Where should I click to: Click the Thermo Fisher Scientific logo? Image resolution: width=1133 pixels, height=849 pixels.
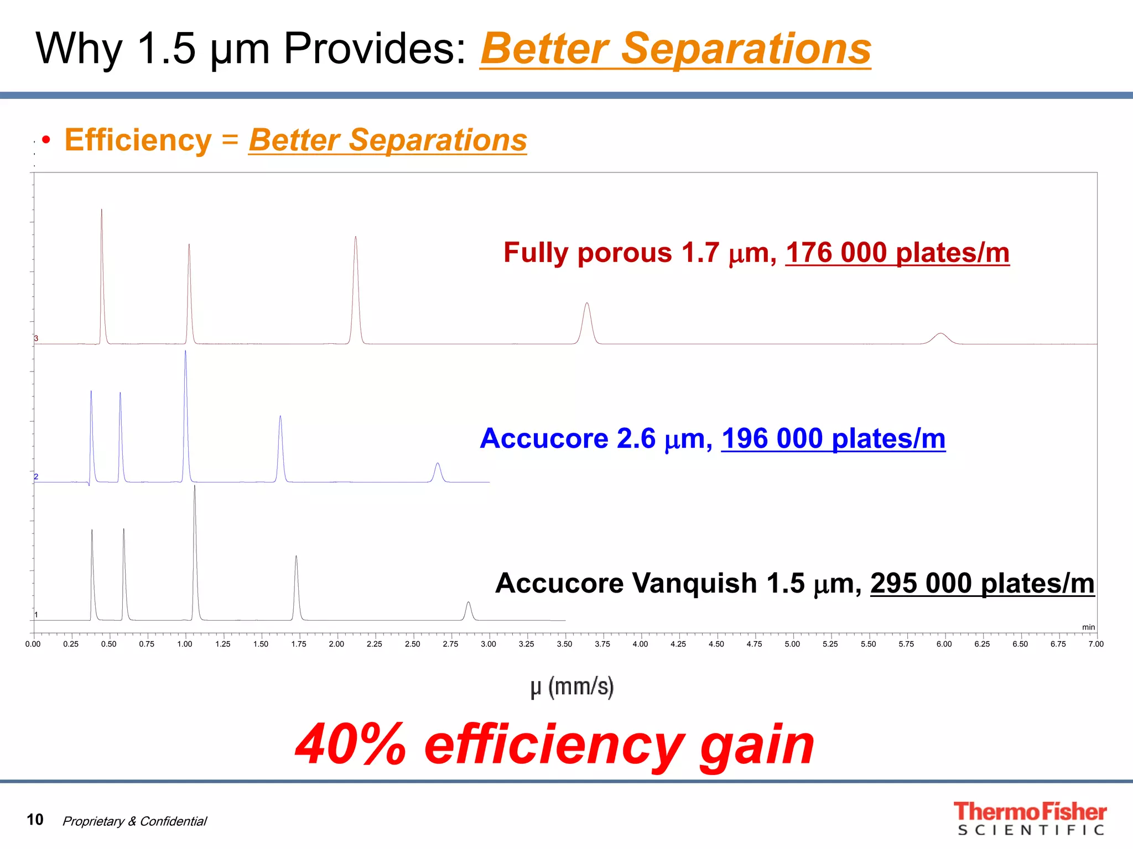tap(1030, 818)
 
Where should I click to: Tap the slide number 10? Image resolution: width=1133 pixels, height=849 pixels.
tap(35, 819)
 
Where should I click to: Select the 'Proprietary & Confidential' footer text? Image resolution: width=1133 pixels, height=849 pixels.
tap(134, 821)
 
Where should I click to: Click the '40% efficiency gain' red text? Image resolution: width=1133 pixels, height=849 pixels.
tap(554, 745)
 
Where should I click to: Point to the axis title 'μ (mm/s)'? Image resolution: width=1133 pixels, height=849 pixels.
tap(572, 687)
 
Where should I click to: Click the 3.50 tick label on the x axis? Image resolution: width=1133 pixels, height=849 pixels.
tap(564, 644)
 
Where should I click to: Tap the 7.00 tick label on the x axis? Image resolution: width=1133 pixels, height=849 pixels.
tap(1095, 644)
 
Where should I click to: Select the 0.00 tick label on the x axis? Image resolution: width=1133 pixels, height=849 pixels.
tap(33, 644)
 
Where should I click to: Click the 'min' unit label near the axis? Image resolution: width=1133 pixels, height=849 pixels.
tap(1088, 627)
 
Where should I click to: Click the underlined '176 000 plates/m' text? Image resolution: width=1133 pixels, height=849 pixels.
tap(897, 253)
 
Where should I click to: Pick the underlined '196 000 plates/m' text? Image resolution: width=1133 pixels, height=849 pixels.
tap(833, 439)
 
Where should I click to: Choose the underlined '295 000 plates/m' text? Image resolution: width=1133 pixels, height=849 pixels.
tap(982, 584)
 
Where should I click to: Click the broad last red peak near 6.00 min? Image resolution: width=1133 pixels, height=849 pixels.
tap(940, 335)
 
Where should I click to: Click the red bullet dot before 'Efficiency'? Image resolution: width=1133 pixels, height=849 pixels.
tap(46, 140)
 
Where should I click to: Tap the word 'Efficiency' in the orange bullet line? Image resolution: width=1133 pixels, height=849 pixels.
tap(138, 140)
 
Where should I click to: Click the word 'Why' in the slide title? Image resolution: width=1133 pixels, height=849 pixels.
tap(79, 49)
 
